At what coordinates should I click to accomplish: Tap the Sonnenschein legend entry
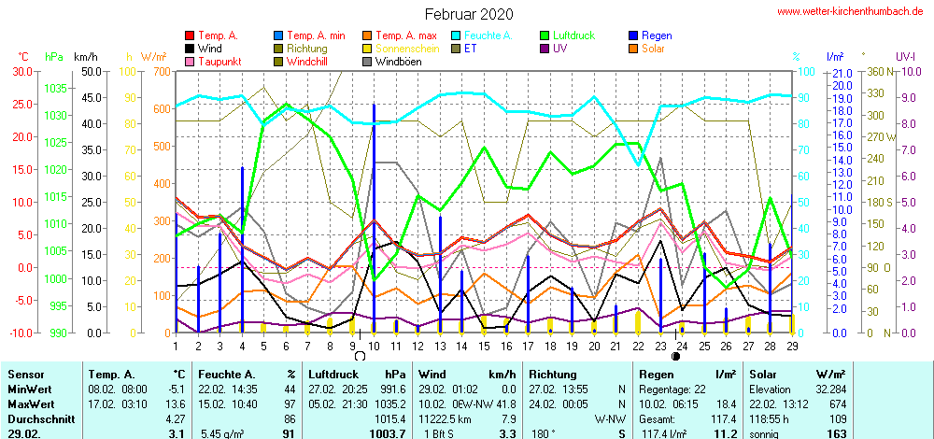396,49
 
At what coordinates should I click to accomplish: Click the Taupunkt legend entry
219,62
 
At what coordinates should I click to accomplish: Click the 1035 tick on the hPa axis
56,88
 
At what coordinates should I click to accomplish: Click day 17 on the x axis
529,347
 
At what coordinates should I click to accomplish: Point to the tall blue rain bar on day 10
374,215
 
